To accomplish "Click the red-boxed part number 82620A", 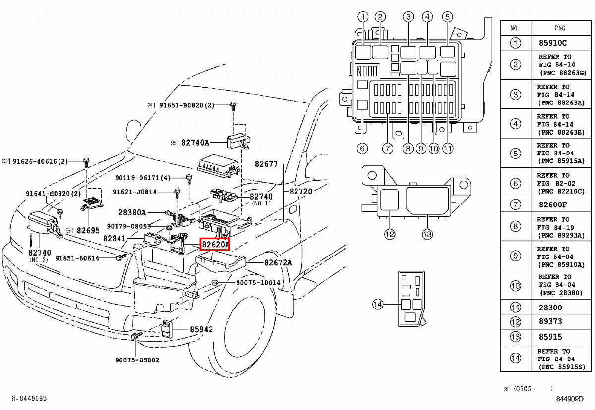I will click(215, 245).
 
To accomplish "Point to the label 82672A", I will click(278, 263).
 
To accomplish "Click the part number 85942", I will click(201, 329).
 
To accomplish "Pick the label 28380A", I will click(132, 212).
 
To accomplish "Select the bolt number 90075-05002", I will click(135, 360).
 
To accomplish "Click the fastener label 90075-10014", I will click(258, 283).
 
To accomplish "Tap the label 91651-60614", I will click(77, 258).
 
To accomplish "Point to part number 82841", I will click(115, 238).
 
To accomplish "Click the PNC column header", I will click(559, 28).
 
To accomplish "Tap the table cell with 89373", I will click(550, 322).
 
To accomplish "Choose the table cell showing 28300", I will click(550, 307).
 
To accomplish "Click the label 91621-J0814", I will click(134, 192).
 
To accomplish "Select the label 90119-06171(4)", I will click(142, 178).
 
